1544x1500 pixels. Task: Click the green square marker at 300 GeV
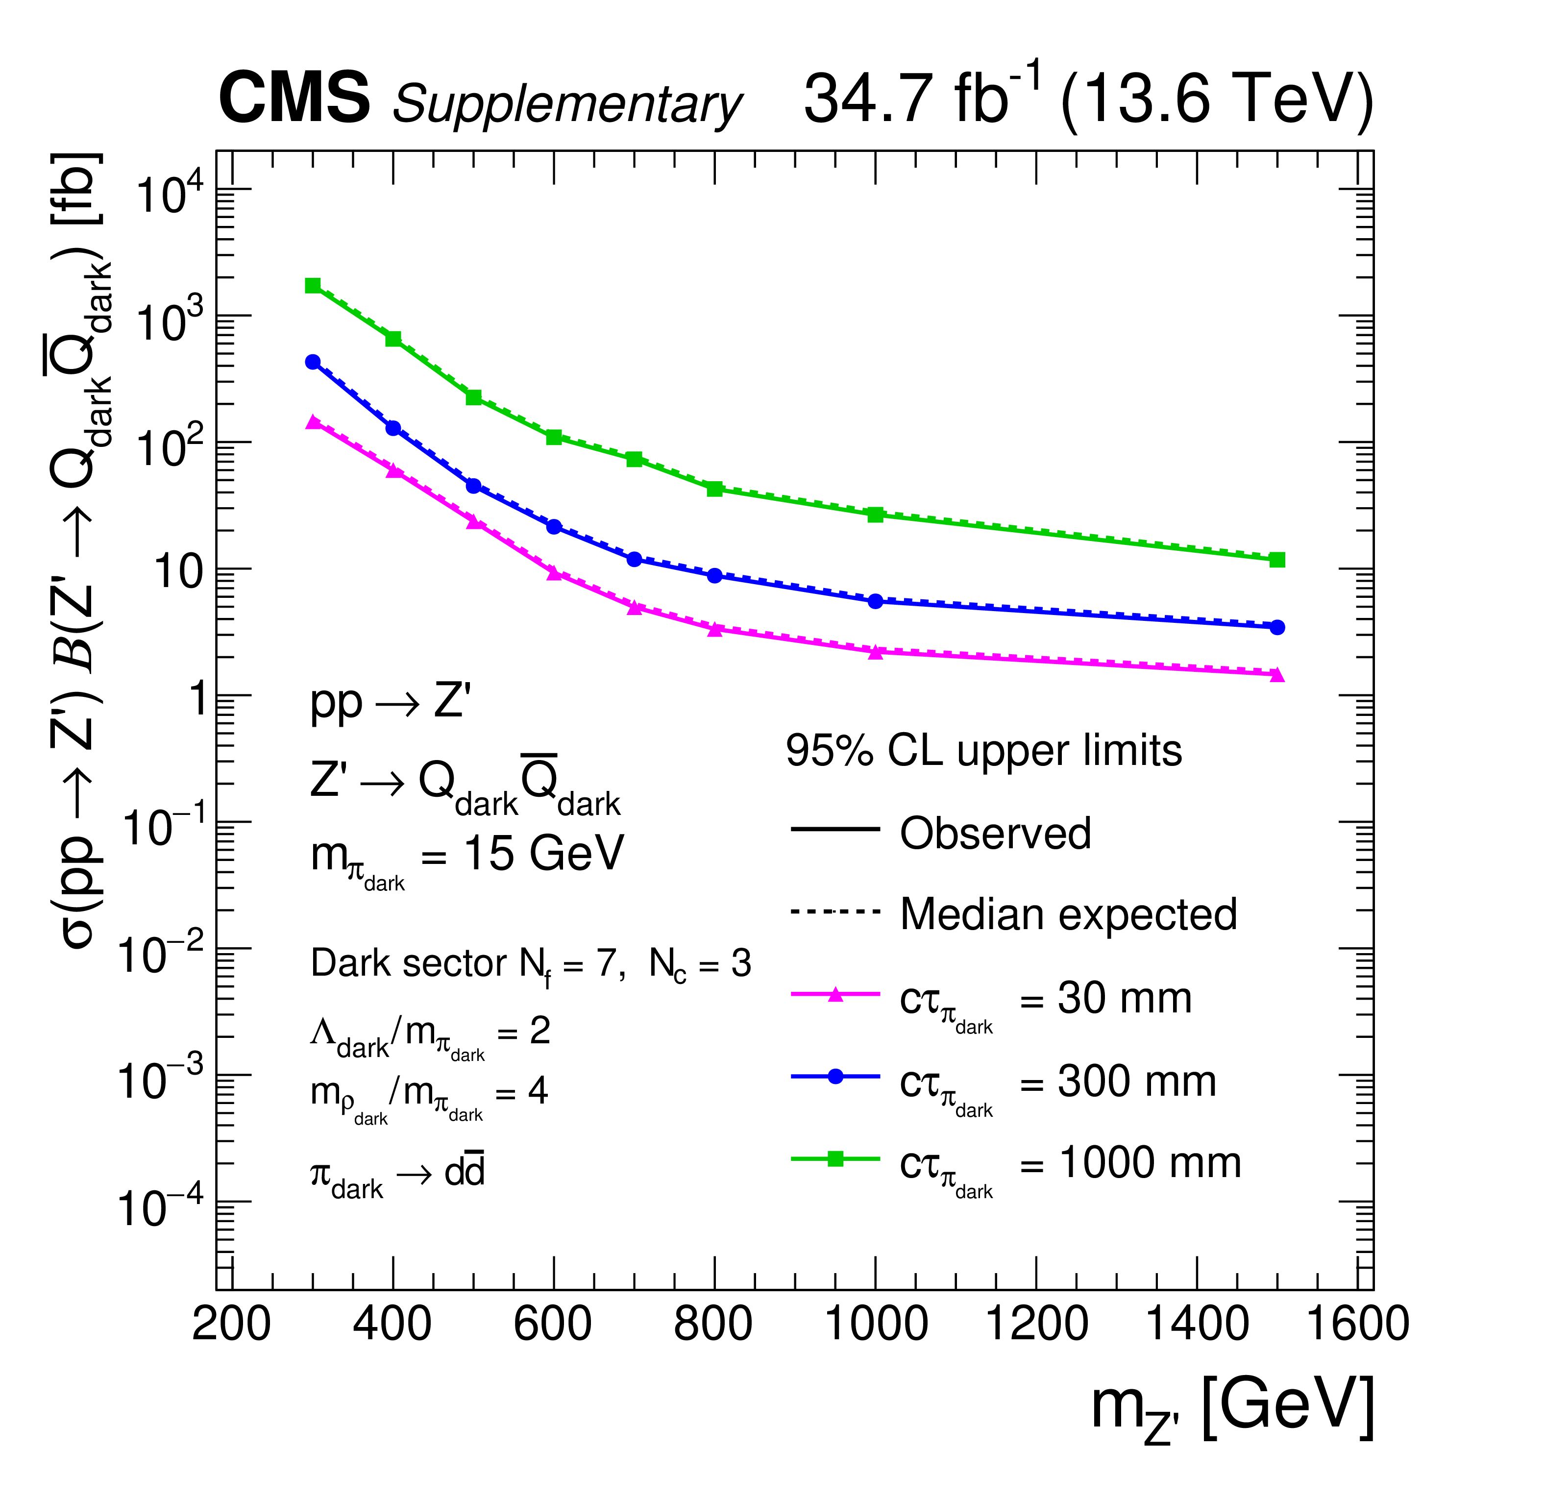[313, 285]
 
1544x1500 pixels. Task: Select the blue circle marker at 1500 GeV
[1277, 627]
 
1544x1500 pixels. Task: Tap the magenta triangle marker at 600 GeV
[554, 573]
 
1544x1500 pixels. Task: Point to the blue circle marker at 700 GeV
[634, 559]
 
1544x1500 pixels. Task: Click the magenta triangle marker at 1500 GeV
[1277, 674]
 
